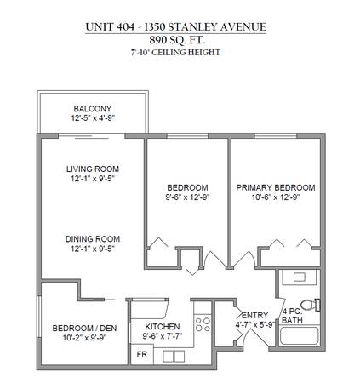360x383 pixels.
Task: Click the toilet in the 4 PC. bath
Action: coord(310,305)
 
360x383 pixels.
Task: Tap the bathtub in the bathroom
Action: coord(300,335)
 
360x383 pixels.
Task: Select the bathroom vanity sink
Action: coord(300,277)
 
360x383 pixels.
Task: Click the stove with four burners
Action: coord(203,324)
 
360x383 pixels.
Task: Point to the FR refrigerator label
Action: coord(142,354)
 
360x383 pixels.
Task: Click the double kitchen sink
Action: coord(174,357)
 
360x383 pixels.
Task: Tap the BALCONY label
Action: coord(93,109)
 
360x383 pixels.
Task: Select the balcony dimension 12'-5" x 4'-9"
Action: coord(93,118)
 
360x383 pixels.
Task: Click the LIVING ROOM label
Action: coord(93,169)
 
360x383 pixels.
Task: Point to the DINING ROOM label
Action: coord(93,239)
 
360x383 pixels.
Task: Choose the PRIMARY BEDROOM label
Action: coord(276,187)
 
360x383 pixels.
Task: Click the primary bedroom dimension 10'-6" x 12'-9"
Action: coord(276,197)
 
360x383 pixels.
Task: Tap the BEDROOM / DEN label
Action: coord(84,329)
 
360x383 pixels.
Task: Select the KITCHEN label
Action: coord(163,327)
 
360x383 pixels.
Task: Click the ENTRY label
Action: coord(255,315)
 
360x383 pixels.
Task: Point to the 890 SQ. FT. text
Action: coord(177,40)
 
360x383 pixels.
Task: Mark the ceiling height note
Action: coord(175,53)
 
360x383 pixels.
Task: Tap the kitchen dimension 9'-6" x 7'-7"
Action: coord(163,336)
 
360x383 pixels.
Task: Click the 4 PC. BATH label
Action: coord(292,316)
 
